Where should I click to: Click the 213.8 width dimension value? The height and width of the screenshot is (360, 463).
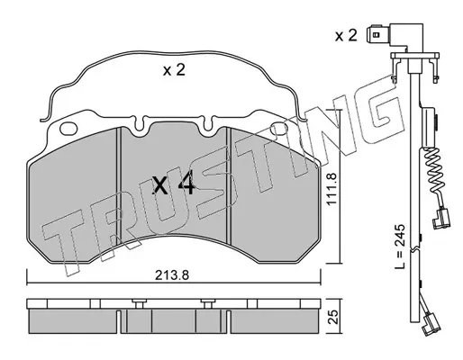point(172,274)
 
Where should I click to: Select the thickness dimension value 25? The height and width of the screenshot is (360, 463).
point(333,317)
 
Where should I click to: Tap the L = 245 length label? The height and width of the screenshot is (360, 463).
point(400,247)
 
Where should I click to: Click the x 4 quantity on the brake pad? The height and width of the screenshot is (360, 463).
point(174,184)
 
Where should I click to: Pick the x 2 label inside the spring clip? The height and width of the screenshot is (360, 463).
point(174,70)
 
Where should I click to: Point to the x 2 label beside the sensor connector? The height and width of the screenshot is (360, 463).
point(346,36)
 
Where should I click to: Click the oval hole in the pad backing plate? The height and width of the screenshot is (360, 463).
point(68,129)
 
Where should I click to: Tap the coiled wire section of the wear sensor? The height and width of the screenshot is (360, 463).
point(434,169)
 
